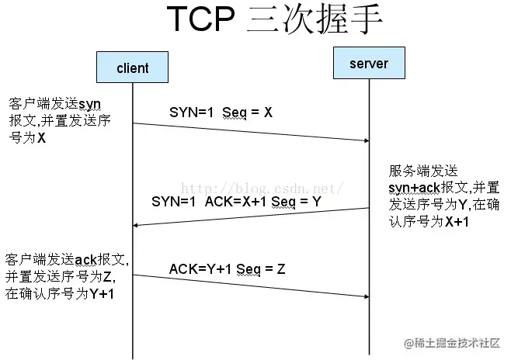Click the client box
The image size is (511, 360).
[x=132, y=67]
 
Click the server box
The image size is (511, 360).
[x=369, y=63]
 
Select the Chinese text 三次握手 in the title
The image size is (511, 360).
[x=315, y=22]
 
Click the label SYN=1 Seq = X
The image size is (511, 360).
[x=221, y=112]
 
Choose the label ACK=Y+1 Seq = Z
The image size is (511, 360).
[x=228, y=268]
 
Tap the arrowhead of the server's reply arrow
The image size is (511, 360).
[x=137, y=225]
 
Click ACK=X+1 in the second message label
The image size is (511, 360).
[x=234, y=201]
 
